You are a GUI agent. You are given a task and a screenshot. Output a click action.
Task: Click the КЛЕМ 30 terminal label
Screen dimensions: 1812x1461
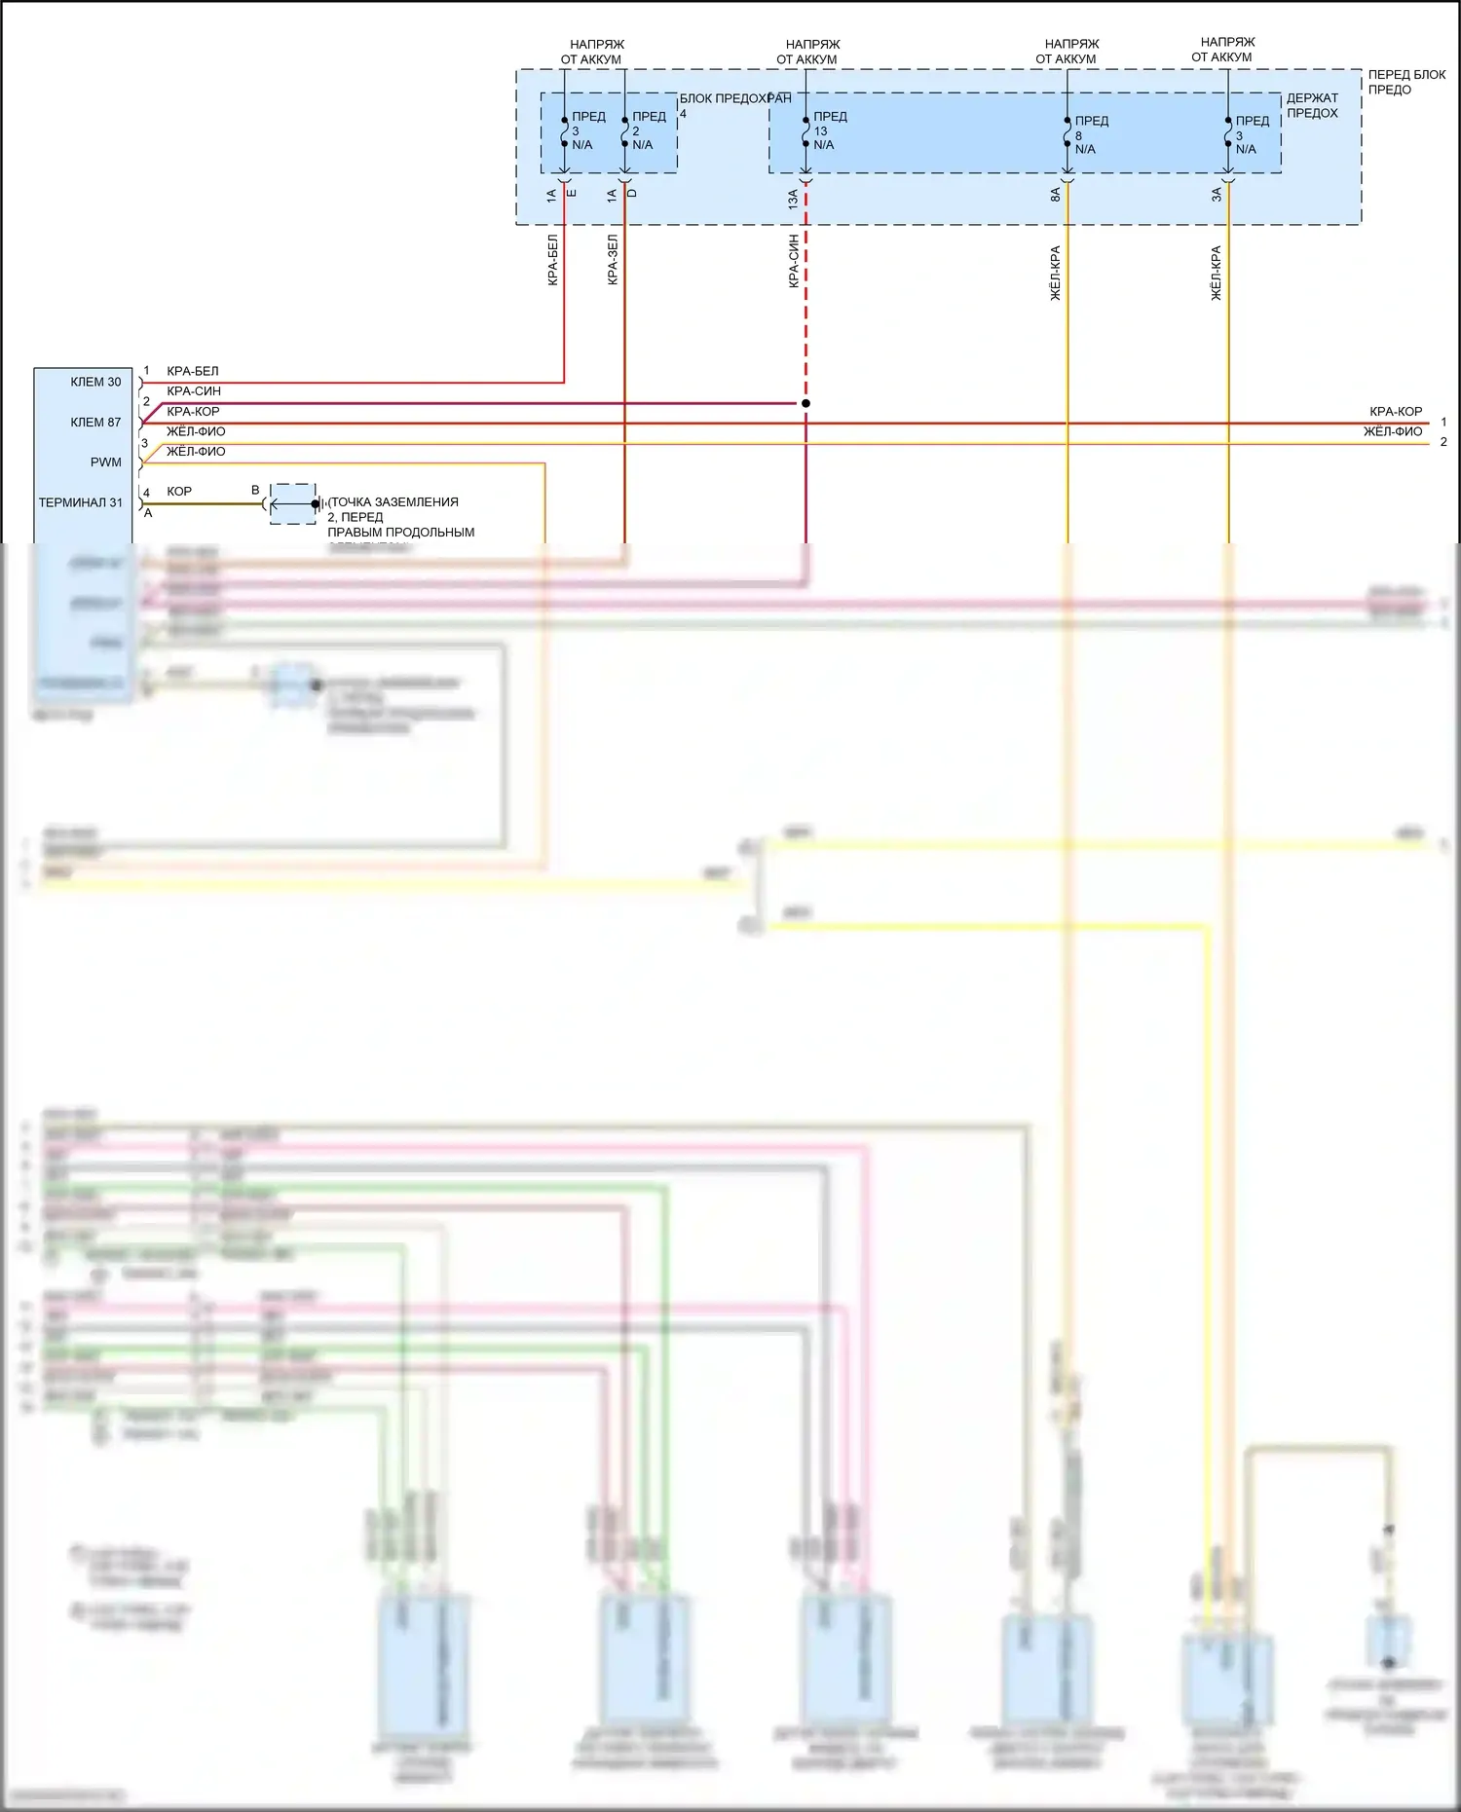95,382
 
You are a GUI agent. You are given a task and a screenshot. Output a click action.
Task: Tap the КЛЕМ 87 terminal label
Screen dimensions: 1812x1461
95,422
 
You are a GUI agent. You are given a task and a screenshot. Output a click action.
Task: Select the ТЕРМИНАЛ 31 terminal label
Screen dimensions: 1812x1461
81,502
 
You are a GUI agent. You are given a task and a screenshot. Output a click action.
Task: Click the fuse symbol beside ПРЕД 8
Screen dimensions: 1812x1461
1068,134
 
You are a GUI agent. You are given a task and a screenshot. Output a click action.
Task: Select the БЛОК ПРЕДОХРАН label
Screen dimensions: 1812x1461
734,98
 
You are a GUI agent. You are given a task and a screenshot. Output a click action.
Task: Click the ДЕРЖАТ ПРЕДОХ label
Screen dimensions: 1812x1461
1312,105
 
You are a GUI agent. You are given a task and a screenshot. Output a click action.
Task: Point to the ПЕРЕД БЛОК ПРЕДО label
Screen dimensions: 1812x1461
1405,82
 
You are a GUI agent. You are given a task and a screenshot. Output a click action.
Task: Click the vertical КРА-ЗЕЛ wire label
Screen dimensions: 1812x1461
613,259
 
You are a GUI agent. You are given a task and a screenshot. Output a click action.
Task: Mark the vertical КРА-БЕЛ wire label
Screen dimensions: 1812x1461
552,259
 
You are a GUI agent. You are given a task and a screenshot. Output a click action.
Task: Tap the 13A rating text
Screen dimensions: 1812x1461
793,200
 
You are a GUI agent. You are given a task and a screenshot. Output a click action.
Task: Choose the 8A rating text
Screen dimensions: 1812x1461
1055,195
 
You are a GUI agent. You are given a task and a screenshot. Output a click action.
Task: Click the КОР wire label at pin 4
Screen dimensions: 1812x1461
179,492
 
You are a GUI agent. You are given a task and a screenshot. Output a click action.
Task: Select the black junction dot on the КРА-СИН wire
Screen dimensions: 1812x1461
805,403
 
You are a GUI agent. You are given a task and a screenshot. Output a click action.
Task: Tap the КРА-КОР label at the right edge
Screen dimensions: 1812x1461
1395,412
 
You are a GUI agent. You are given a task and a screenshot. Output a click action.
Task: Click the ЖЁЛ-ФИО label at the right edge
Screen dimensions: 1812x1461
1392,431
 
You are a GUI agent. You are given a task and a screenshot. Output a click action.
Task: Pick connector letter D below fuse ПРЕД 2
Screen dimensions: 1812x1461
632,193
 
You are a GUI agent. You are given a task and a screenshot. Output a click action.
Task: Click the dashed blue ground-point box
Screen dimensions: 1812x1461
292,503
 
